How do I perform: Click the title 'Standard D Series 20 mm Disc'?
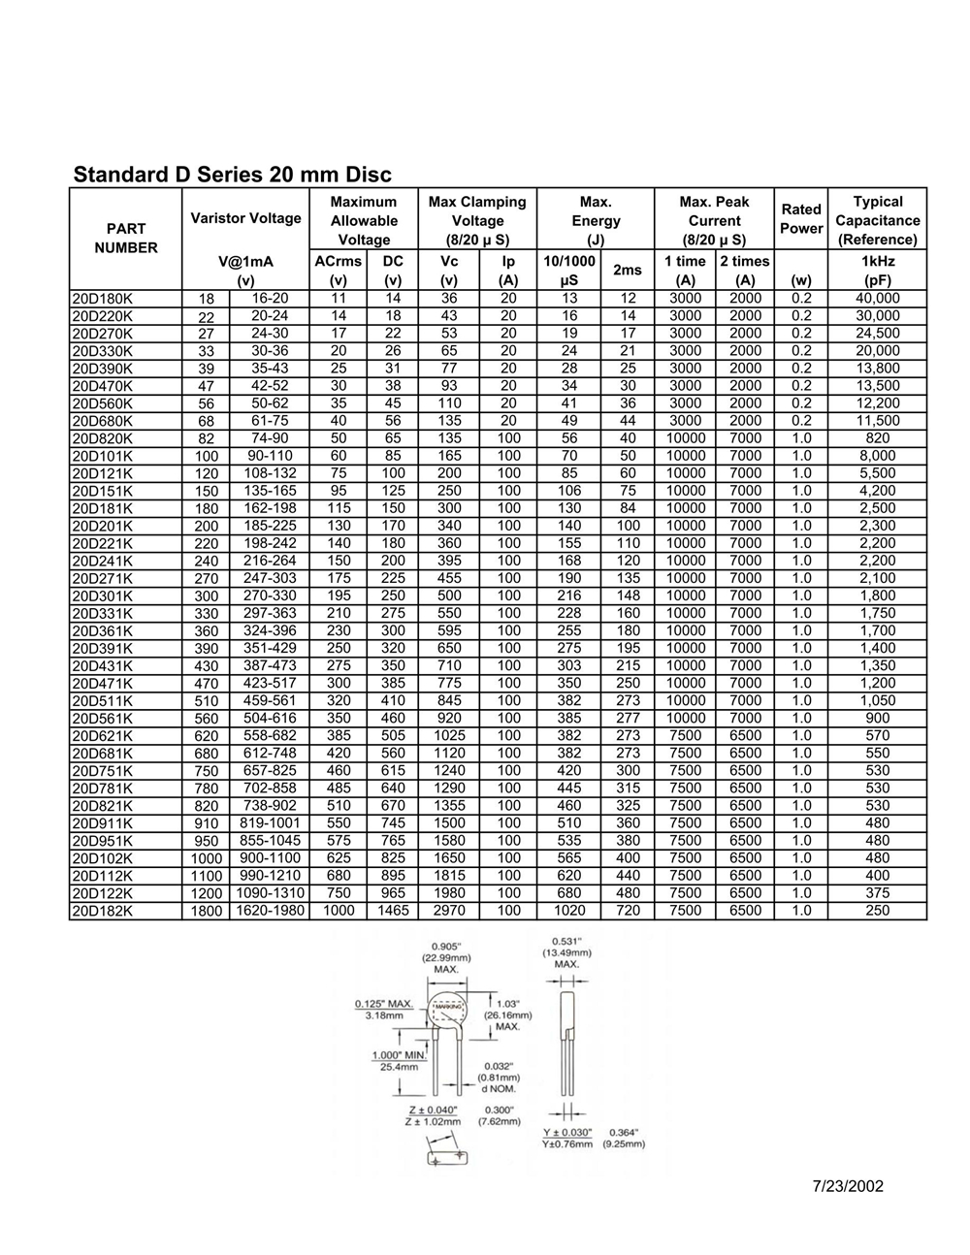(x=233, y=175)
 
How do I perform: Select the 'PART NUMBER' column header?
(x=126, y=238)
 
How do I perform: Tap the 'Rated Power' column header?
(x=801, y=218)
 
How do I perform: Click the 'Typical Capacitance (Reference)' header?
(x=878, y=220)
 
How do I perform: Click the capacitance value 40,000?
(x=878, y=299)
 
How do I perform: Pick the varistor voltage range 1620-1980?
(x=269, y=911)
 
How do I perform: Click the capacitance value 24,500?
(x=878, y=334)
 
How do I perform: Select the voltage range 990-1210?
(x=269, y=876)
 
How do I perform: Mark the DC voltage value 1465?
(x=393, y=911)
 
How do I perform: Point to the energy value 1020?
(x=569, y=911)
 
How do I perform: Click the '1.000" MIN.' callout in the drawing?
(x=400, y=1055)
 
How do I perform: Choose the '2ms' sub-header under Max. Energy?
(x=628, y=271)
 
